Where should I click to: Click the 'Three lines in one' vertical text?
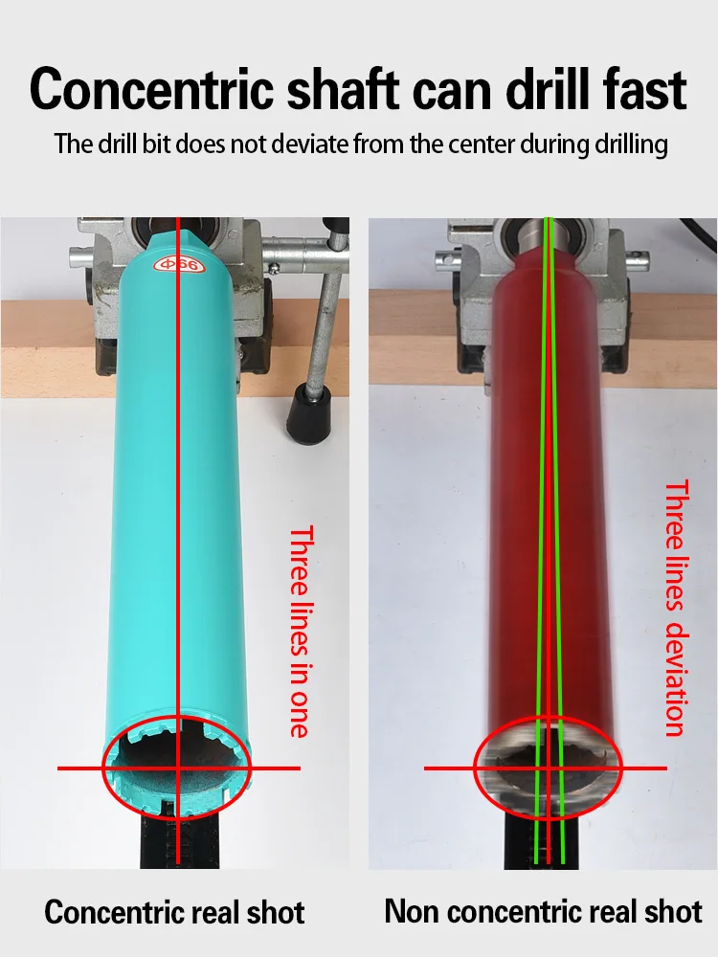point(300,632)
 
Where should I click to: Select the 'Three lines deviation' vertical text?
point(676,609)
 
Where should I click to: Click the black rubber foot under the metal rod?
point(310,413)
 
